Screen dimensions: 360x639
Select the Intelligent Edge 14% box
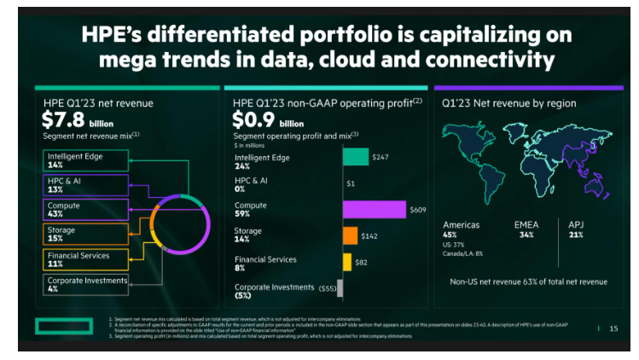[x=85, y=160]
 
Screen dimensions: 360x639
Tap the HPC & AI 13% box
[x=85, y=185]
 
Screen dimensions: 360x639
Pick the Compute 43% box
[x=85, y=210]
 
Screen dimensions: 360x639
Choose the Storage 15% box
[x=85, y=235]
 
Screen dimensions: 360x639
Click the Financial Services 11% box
[x=85, y=258]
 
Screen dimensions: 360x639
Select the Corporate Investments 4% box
[x=85, y=284]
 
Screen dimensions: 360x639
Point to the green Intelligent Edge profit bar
[x=356, y=157]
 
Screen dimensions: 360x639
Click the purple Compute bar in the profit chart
[x=374, y=209]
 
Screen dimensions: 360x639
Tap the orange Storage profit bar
[x=350, y=235]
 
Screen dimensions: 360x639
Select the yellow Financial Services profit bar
[x=347, y=262]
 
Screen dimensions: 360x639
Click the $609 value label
[x=417, y=210]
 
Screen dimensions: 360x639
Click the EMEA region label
[x=526, y=225]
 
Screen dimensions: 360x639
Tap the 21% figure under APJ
[x=576, y=235]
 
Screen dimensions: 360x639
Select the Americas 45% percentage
[x=450, y=235]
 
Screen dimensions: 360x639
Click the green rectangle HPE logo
[x=63, y=327]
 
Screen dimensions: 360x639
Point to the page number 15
[x=613, y=328]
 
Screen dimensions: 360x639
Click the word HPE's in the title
[x=113, y=36]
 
